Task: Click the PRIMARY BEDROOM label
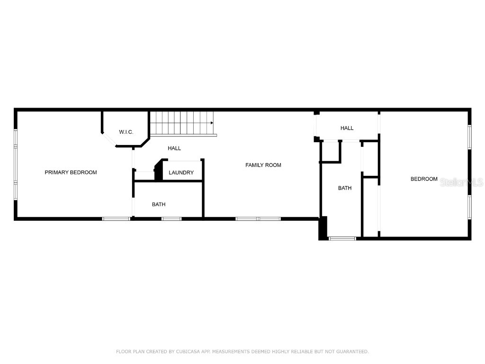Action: point(71,173)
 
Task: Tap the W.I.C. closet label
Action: point(126,132)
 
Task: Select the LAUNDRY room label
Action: point(181,173)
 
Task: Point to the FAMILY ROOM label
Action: point(263,165)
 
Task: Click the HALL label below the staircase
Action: point(174,148)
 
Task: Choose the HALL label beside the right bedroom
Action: point(347,128)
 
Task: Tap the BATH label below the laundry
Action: point(159,204)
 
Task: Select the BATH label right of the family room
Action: point(345,188)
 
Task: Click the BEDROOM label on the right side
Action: point(424,179)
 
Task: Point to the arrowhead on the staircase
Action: point(212,123)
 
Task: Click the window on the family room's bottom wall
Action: point(258,218)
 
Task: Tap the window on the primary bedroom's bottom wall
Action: point(117,218)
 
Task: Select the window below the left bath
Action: point(171,218)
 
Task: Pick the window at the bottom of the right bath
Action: point(342,238)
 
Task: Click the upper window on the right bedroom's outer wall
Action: point(469,137)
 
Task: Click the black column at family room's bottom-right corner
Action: point(323,228)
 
